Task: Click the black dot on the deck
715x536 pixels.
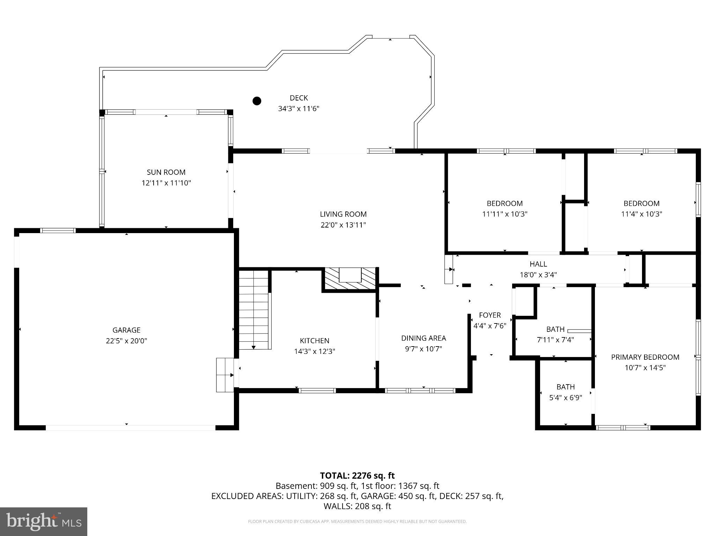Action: pyautogui.click(x=257, y=101)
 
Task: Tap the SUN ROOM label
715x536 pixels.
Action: pyautogui.click(x=166, y=172)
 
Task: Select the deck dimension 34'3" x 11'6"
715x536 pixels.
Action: pyautogui.click(x=299, y=109)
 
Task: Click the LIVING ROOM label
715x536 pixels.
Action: pyautogui.click(x=344, y=214)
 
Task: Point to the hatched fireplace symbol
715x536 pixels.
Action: pyautogui.click(x=350, y=278)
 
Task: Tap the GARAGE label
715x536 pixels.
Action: pyautogui.click(x=126, y=330)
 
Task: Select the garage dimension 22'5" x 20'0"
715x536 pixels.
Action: pyautogui.click(x=126, y=341)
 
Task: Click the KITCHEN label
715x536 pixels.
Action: pyautogui.click(x=315, y=341)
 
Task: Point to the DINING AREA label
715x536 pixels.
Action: pyautogui.click(x=423, y=338)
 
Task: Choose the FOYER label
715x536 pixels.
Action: pyautogui.click(x=490, y=315)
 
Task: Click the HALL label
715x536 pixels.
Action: pyautogui.click(x=538, y=264)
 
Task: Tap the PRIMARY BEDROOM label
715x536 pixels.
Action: pyautogui.click(x=645, y=357)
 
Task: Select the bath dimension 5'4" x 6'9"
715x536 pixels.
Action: pyautogui.click(x=566, y=397)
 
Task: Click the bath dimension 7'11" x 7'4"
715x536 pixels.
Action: pyautogui.click(x=555, y=340)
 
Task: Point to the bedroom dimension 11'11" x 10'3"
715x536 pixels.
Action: pyautogui.click(x=505, y=214)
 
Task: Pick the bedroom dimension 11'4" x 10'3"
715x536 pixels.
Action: pyautogui.click(x=642, y=214)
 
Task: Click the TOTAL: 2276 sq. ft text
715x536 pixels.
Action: pyautogui.click(x=357, y=476)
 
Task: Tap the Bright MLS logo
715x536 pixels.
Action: pyautogui.click(x=44, y=521)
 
